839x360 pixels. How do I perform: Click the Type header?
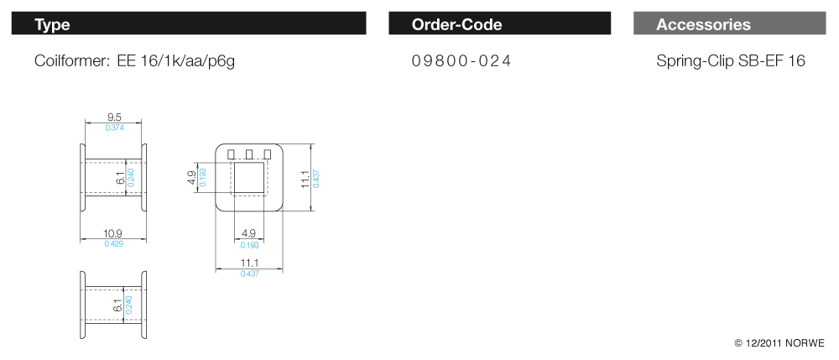pyautogui.click(x=52, y=24)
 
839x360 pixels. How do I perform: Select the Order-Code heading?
pyautogui.click(x=456, y=24)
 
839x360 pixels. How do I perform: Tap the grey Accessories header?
pyautogui.click(x=703, y=24)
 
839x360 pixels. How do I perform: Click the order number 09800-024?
pyautogui.click(x=461, y=61)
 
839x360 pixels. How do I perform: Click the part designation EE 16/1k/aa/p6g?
pyautogui.click(x=175, y=61)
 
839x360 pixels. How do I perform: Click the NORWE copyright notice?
pyautogui.click(x=779, y=343)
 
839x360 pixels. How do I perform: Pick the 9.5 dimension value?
pyautogui.click(x=114, y=117)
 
